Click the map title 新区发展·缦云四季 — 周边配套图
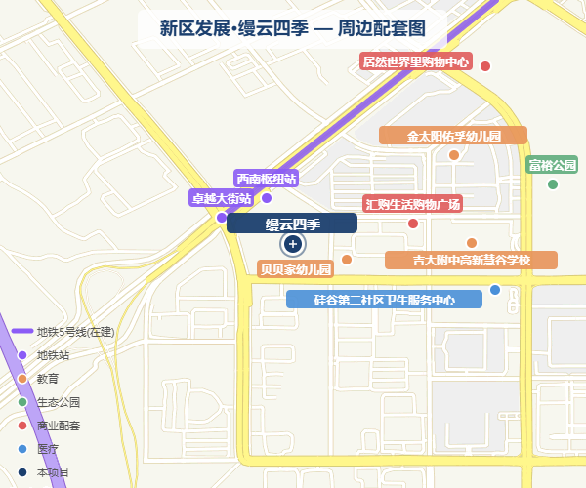tap(292, 27)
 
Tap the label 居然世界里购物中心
tap(416, 62)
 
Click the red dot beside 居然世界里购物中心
tap(484, 66)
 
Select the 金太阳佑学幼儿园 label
tap(453, 136)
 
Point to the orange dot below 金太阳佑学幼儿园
tap(454, 154)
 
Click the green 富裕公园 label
tap(553, 165)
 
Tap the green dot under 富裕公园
tap(553, 184)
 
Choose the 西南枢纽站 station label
tap(266, 179)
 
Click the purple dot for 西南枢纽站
tap(266, 197)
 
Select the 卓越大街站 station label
tap(221, 198)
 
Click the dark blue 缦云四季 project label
tap(292, 224)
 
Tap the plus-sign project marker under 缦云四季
tap(292, 243)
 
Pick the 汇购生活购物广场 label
tap(412, 204)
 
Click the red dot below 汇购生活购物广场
tap(413, 224)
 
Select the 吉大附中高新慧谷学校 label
tap(471, 261)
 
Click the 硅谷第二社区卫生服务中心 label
tap(384, 300)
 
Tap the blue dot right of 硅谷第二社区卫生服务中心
tap(495, 290)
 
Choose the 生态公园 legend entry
tap(59, 402)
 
